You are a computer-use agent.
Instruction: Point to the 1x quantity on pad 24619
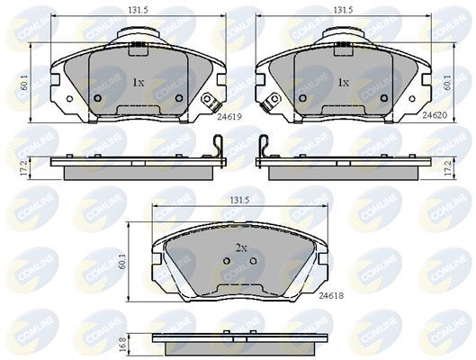point(139,82)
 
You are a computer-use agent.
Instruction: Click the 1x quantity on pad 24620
point(343,82)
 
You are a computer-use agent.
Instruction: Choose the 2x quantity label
point(241,247)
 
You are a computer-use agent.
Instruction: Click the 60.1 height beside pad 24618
point(136,261)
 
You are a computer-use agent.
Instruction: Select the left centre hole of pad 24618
point(227,263)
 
